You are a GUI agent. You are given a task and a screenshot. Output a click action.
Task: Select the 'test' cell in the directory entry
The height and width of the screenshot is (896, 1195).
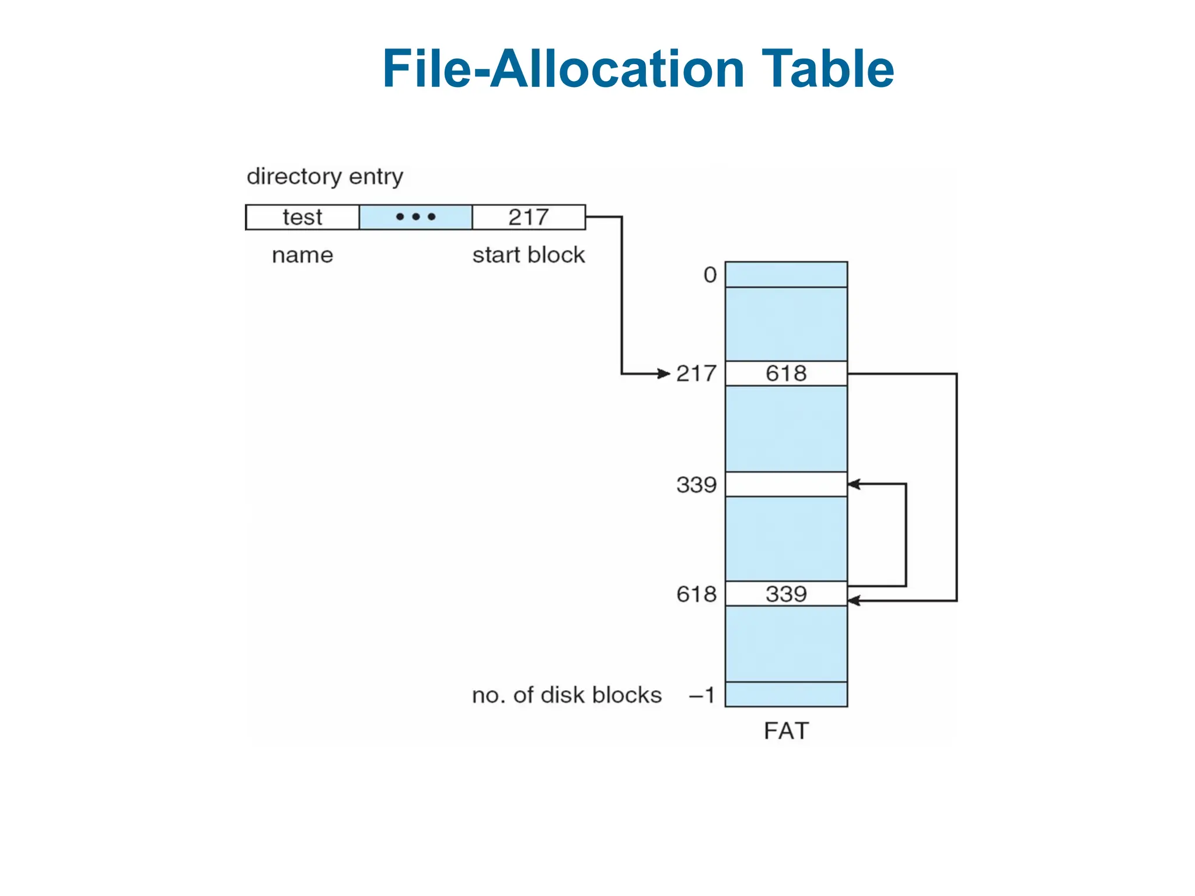302,217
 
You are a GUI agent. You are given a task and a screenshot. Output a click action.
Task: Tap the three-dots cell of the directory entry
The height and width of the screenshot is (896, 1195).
415,217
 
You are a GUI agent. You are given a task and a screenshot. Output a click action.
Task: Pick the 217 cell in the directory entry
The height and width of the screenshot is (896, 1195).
529,217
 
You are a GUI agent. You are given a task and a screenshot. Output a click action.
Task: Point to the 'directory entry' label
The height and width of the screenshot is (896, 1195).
325,176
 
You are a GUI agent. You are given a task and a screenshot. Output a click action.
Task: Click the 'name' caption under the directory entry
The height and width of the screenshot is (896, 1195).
302,255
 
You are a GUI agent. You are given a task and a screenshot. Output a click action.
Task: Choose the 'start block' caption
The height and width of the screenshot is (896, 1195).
529,255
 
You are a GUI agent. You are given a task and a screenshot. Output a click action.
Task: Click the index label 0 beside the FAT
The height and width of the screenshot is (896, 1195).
710,275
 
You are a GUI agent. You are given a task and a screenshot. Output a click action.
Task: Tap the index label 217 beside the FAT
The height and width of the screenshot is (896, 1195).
696,373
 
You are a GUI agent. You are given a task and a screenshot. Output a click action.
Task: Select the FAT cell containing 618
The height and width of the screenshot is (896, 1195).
786,373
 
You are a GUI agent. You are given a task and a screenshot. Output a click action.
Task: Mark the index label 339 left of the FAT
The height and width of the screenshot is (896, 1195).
696,484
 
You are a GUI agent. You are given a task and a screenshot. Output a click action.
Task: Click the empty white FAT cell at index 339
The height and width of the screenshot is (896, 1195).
786,484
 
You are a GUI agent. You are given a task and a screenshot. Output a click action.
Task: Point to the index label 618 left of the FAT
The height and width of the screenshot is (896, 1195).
696,594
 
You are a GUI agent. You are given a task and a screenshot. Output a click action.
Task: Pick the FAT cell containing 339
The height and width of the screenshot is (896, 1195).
786,594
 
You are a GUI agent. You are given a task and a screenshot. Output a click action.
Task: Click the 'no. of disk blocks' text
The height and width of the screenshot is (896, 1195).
567,695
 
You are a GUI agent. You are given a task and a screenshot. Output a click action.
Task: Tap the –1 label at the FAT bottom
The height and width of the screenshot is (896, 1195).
702,695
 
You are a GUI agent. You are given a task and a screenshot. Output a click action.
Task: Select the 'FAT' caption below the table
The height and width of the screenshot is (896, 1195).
786,731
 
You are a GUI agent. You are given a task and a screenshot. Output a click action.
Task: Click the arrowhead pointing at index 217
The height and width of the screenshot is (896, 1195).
664,373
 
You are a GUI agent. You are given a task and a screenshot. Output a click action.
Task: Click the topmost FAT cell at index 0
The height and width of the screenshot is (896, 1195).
786,275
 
